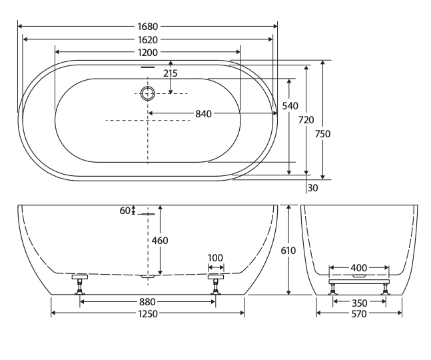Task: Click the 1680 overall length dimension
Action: (147, 27)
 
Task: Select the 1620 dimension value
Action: (147, 39)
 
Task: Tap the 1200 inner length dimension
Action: (147, 52)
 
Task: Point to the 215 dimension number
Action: (171, 73)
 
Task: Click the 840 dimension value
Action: (203, 113)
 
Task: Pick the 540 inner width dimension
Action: (290, 105)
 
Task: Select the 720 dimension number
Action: (306, 120)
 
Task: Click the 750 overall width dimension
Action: (323, 133)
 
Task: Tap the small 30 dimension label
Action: (313, 187)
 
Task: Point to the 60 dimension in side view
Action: (125, 211)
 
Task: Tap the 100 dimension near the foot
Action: (216, 258)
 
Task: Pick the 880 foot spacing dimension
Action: (147, 301)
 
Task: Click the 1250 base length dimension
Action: (147, 314)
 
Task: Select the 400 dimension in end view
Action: (358, 268)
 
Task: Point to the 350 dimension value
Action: (358, 302)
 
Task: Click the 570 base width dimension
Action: (358, 314)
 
